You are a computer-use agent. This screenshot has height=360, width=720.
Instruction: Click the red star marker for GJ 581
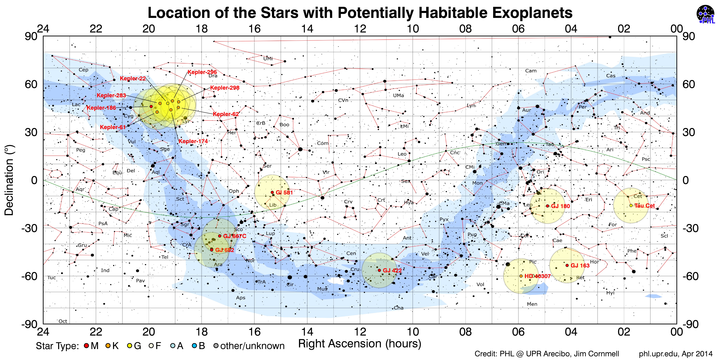pos(272,192)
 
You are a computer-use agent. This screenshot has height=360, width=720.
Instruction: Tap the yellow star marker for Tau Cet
pos(631,205)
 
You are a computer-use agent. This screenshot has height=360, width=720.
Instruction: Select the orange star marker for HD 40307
pos(521,276)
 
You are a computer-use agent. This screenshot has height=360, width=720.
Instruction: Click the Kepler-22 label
pos(133,79)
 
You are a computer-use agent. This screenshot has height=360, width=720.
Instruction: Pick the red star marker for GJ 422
pos(379,270)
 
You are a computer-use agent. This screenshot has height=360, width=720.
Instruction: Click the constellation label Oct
pos(63,321)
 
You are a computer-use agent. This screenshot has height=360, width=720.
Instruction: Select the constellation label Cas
pos(611,76)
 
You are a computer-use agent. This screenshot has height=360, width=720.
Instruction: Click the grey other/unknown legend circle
pos(216,346)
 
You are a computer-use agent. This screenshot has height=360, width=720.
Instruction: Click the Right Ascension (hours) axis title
pos(360,344)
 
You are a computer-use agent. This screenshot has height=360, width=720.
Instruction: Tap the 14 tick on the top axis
pos(307,29)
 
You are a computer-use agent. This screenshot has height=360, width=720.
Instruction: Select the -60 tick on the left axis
pos(29,276)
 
